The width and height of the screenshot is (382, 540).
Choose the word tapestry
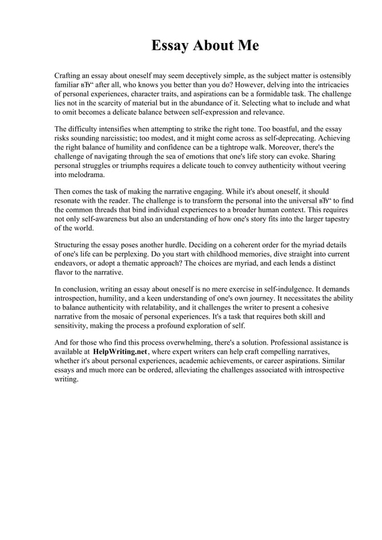pos(332,219)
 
